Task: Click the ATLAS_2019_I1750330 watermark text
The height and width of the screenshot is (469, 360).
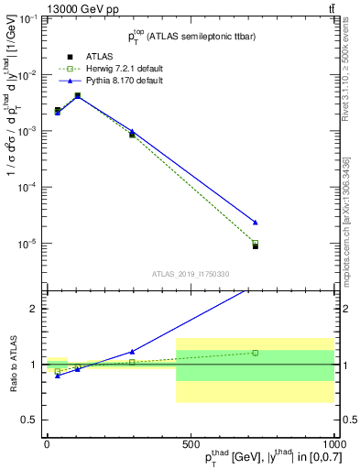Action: point(189,274)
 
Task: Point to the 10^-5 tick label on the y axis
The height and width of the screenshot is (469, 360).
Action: point(27,244)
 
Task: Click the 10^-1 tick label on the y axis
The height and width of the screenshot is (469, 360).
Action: point(27,19)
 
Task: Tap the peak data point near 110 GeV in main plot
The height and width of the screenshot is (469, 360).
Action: point(78,95)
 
